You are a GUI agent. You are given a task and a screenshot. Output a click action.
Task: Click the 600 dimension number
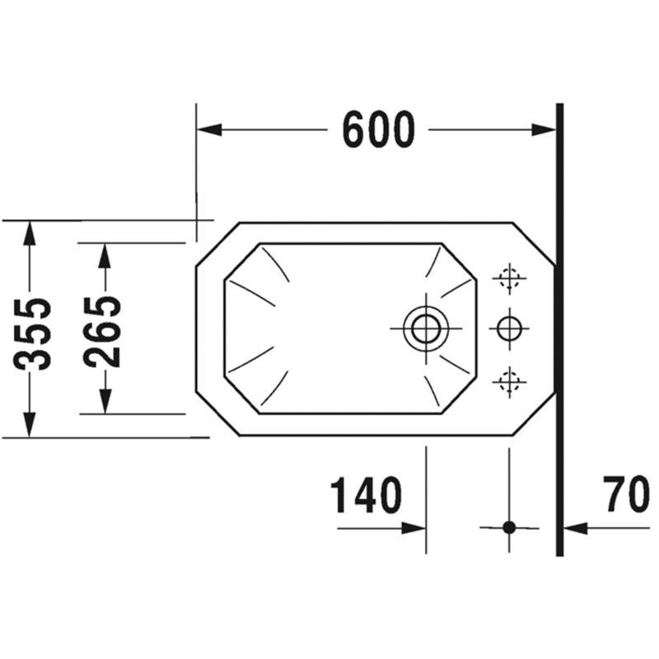pos(379,129)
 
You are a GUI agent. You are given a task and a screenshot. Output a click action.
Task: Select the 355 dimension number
pos(32,334)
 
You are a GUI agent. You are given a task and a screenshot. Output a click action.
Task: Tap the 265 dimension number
pos(102,332)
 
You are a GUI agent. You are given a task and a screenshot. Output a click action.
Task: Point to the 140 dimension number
pos(366,495)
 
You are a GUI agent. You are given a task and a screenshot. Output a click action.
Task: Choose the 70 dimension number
pos(626,493)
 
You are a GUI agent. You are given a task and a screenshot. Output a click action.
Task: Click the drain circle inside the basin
pos(426,328)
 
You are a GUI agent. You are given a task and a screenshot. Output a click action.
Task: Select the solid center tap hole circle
pos(509,328)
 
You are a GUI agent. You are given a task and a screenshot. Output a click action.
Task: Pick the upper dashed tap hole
pos(509,278)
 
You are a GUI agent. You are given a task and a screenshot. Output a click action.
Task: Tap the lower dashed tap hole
pos(509,381)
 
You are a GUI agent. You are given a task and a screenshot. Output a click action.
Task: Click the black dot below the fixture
pos(509,527)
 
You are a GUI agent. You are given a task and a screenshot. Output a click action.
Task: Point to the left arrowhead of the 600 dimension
pos(209,130)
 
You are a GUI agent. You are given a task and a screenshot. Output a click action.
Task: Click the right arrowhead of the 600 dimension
pos(544,130)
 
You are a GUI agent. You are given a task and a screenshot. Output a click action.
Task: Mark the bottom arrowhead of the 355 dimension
pos(29,424)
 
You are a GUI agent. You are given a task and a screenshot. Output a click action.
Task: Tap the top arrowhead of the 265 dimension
pos(105,256)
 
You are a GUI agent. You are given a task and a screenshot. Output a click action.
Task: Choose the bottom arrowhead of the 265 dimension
pos(105,401)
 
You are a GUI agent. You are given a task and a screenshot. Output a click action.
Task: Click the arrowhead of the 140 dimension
pos(414,528)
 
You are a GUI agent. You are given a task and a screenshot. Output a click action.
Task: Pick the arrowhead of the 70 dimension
pos(575,528)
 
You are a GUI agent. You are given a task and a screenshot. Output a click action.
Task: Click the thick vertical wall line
pos(559,330)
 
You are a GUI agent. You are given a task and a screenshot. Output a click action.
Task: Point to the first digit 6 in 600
pos(354,129)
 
